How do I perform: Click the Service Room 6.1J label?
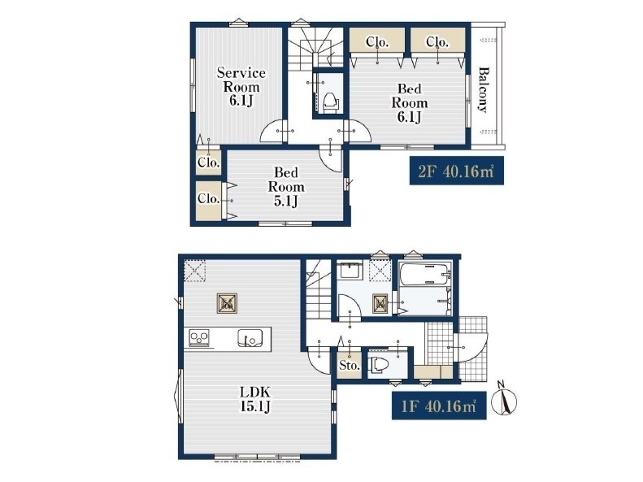point(241,86)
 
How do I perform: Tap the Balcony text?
point(484,89)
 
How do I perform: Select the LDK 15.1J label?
point(255,399)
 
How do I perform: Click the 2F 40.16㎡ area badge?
point(456,171)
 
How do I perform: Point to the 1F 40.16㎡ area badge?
point(439,406)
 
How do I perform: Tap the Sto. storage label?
point(350,365)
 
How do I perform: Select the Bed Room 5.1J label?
point(286,186)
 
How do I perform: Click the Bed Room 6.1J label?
point(409,102)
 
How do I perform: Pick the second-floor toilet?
point(331,102)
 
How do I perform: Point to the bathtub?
point(424,274)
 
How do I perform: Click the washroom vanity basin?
point(350,271)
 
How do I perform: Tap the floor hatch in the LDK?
point(227,304)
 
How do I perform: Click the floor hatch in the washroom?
point(380,304)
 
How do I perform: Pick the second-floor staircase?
point(315,49)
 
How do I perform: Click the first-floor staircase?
point(319,289)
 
